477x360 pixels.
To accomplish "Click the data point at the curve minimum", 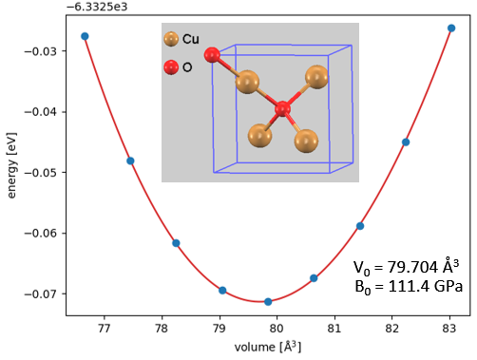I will click(268, 302).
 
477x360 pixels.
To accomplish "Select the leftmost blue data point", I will click(85, 36).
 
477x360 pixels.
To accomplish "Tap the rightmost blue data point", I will click(451, 28).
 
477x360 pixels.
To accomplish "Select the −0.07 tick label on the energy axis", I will click(45, 294).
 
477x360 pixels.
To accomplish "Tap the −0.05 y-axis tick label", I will click(45, 172).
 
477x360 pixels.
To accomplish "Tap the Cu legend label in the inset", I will click(190, 39).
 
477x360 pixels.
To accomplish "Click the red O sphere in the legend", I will click(171, 67).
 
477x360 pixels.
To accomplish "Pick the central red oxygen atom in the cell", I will click(282, 110).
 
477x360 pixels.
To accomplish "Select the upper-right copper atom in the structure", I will click(316, 76).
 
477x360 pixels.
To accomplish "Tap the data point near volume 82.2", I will click(406, 142).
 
